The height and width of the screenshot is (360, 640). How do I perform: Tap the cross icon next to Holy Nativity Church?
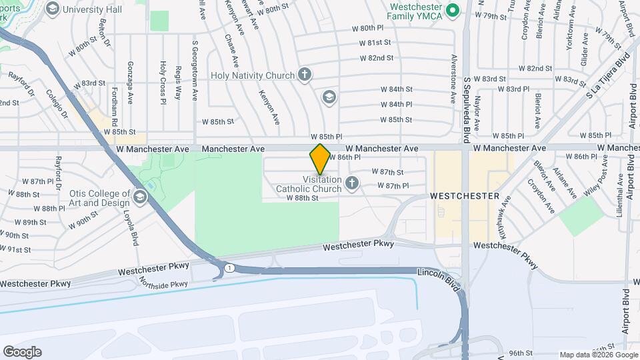click(x=305, y=75)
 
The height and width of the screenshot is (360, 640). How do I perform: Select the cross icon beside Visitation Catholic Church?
click(x=353, y=181)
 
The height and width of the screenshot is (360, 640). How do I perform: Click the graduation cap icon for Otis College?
click(x=140, y=196)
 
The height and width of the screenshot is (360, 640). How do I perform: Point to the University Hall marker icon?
click(x=52, y=9)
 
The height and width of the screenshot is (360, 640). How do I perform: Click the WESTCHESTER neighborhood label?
click(x=465, y=196)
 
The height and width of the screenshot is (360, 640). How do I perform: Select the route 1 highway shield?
click(x=228, y=267)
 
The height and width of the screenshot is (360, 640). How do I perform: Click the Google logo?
click(x=22, y=352)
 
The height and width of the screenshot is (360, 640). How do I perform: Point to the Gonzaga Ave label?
click(x=131, y=85)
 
